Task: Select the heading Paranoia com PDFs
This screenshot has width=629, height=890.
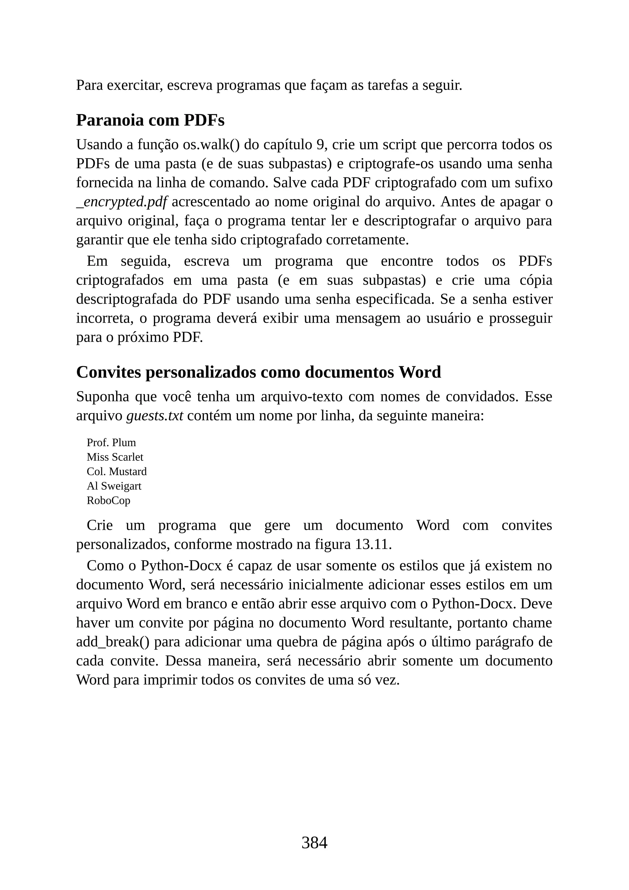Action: (x=150, y=120)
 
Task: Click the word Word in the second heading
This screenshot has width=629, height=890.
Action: (x=420, y=372)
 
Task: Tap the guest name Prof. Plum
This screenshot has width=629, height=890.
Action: (x=111, y=443)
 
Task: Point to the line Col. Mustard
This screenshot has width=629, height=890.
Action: (x=117, y=471)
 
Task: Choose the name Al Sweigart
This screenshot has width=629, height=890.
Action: (x=114, y=486)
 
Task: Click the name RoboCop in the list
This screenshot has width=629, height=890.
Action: (x=108, y=500)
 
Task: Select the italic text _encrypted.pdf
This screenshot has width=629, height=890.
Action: (x=122, y=202)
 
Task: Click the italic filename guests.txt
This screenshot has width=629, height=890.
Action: (x=154, y=416)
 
